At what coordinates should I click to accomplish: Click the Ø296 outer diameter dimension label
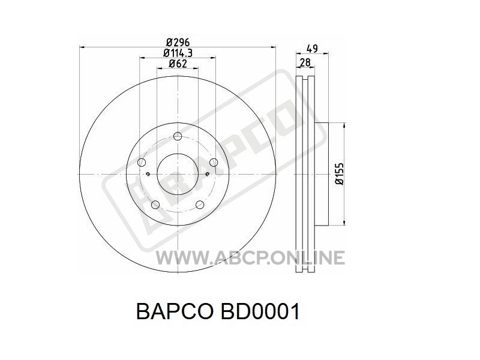click(178, 42)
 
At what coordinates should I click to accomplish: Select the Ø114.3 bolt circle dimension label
click(178, 53)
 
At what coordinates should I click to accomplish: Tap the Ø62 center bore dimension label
click(178, 64)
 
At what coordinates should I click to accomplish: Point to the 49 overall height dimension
click(312, 49)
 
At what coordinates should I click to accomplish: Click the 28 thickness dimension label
click(305, 62)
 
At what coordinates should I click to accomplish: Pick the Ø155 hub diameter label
click(340, 174)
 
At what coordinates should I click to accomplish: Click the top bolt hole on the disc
click(178, 136)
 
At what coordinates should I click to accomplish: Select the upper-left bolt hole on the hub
click(142, 163)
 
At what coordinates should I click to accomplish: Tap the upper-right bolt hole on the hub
click(214, 163)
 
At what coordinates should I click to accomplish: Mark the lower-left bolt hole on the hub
click(155, 205)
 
